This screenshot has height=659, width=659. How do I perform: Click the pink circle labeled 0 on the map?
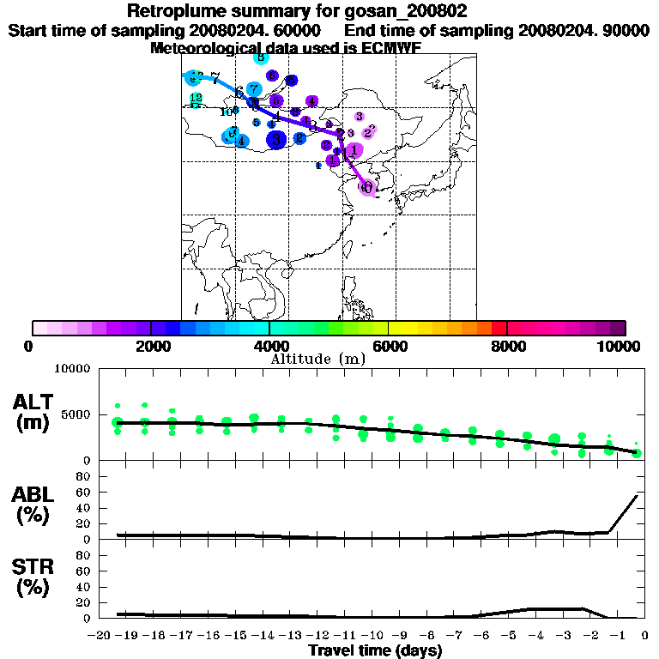point(368,187)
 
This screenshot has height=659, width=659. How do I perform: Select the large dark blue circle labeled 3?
point(276,139)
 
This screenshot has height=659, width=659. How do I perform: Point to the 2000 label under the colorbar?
point(151,346)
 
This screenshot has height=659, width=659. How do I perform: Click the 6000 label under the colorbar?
point(389,346)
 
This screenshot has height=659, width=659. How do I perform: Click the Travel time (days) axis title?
point(375,651)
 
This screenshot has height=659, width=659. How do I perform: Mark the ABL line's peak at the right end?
point(636,496)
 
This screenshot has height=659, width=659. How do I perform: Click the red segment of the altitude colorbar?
point(499,328)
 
